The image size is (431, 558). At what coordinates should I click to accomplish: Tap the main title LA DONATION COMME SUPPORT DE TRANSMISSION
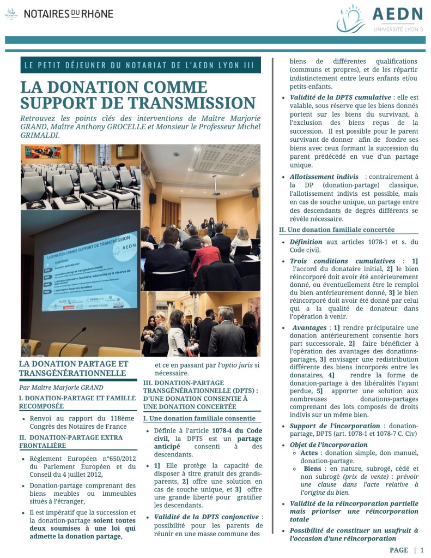(137, 95)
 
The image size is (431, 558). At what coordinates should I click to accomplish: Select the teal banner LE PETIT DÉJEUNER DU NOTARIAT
(139, 65)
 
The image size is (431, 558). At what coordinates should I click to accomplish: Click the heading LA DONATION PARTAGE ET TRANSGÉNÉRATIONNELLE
(74, 368)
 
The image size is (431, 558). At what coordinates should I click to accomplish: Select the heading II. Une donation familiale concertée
(337, 230)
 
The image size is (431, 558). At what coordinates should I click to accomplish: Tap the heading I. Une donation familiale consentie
(199, 418)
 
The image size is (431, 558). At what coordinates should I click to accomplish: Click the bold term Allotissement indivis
(324, 177)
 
